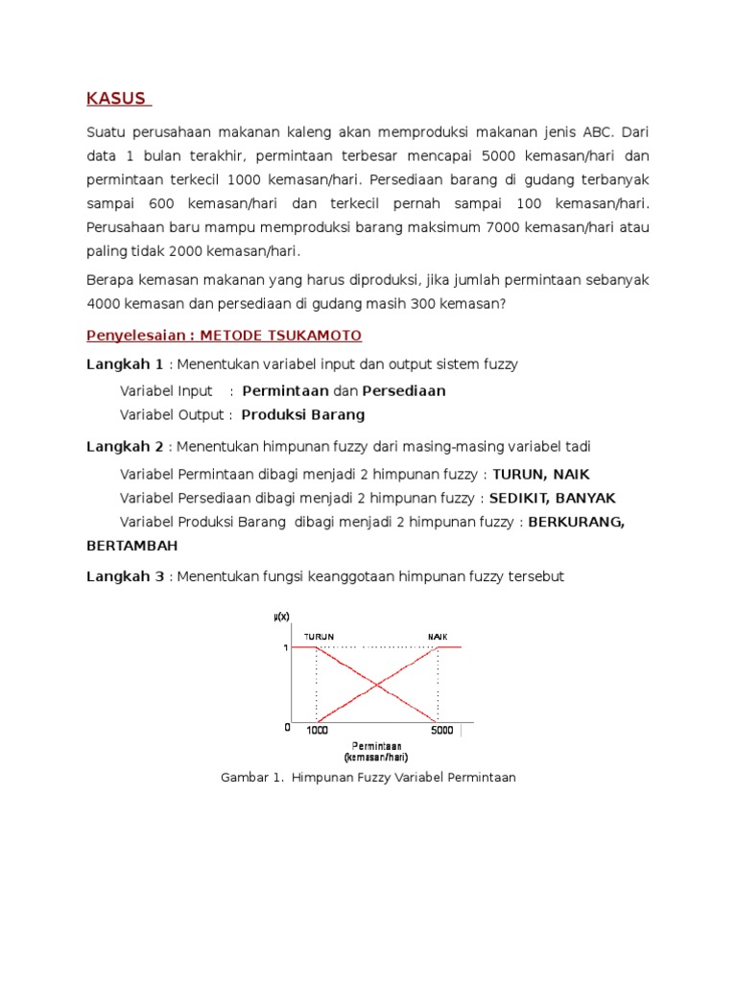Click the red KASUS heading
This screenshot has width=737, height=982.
tap(116, 99)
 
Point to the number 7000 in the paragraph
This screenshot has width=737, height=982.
tap(507, 227)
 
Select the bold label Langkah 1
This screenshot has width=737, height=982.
tap(125, 364)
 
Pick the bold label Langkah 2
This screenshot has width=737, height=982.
tap(125, 447)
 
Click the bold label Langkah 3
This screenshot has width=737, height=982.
tap(125, 576)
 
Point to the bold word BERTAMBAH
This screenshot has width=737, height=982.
tap(131, 546)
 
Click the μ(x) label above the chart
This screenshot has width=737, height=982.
tap(281, 617)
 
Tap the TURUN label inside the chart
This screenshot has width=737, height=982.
tap(320, 637)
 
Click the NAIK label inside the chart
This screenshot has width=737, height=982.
tap(438, 637)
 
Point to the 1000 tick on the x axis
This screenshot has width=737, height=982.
tap(317, 731)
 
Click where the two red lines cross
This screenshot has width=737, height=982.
tap(377, 685)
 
